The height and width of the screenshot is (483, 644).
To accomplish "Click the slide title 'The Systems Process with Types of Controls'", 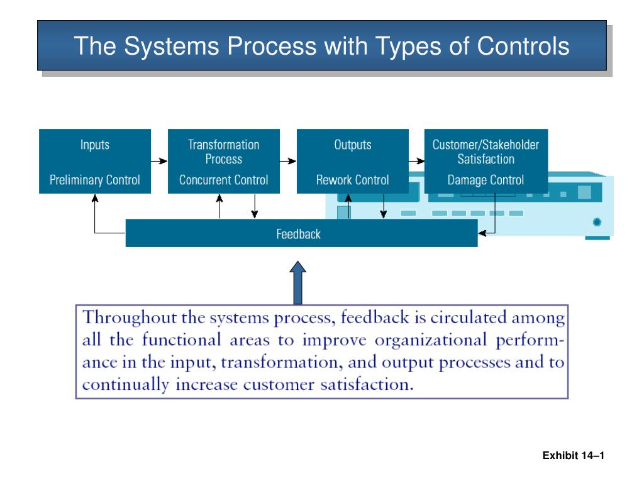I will pos(321,46).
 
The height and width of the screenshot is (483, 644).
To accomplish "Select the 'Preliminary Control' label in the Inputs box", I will pos(94,180).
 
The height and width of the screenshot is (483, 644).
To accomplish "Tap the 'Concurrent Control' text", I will pos(223,180).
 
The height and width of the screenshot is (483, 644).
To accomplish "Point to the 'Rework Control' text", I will pos(352,180).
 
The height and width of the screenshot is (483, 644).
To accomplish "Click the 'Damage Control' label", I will pos(486,180).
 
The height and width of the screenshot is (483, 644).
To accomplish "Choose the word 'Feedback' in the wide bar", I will pos(298,235).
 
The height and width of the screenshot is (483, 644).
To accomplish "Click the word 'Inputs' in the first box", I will pos(94,145).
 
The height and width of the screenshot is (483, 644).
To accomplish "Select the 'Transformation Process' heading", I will pos(223,152).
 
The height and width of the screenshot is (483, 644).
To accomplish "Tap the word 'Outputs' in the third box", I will pos(352,145).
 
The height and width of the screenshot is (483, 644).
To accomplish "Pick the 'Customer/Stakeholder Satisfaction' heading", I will pos(486,152).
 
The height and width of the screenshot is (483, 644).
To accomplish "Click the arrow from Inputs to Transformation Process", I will pos(160,161).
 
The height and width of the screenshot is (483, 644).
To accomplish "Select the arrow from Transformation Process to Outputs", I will pos(287,161).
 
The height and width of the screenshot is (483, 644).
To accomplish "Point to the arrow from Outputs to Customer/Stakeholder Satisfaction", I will pos(416,161).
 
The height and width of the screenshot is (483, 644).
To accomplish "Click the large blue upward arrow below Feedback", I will pos(299,283).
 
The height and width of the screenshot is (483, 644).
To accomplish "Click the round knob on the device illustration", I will pos(596,222).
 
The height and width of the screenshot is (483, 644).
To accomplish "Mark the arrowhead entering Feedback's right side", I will pos(482,234).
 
